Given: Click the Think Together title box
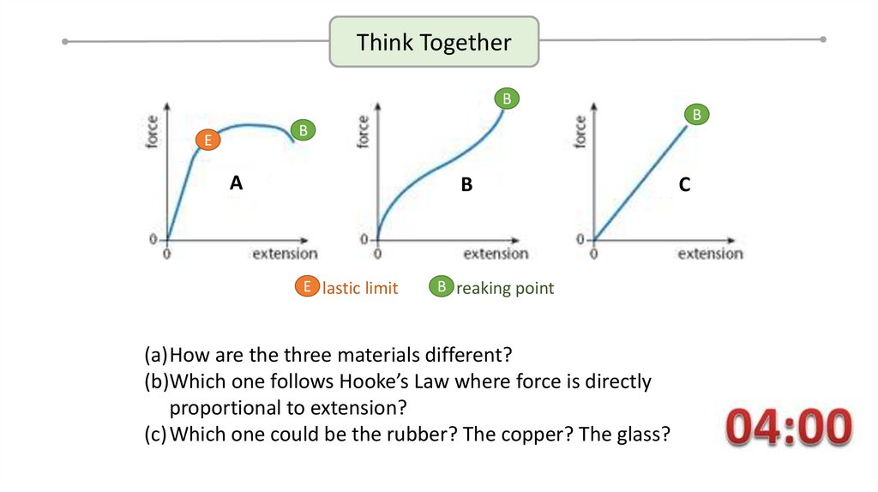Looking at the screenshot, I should pos(434,42).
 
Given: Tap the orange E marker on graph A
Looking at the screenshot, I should pos(206,140).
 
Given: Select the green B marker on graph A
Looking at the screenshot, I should pos(303,130).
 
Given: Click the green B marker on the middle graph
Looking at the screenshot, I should pos(507,99).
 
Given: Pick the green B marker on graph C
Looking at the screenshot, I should pos(696,114).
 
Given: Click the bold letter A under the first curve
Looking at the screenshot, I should pos(237,183).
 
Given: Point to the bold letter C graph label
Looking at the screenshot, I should pos(684,184).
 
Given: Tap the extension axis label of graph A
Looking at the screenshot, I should pos(284,254).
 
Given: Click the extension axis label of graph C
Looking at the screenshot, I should pos(710,254).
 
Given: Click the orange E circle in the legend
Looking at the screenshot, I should pos(305,287).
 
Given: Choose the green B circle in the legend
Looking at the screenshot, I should pos(441,287).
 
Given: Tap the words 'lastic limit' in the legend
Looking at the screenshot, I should pos(360,289).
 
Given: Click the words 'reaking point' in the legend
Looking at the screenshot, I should pos(505,289).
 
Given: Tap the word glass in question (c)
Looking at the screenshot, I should pos(640,434).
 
